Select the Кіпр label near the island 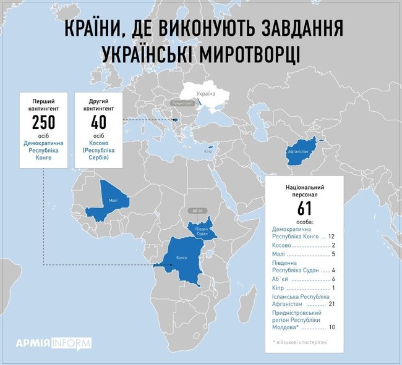(x=208, y=150)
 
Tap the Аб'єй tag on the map (x=198, y=211)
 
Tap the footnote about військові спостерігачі (x=300, y=342)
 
